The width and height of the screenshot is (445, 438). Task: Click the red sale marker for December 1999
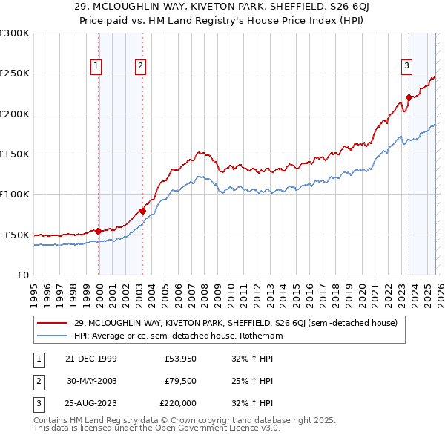click(x=99, y=231)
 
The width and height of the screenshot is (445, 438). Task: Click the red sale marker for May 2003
click(x=142, y=211)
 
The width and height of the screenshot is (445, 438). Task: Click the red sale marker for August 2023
click(x=409, y=97)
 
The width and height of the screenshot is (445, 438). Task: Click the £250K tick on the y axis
click(x=15, y=73)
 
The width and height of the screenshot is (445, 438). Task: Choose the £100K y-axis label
click(x=15, y=194)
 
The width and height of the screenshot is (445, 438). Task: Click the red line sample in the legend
click(x=53, y=323)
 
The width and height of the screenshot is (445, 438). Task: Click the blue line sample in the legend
click(x=53, y=336)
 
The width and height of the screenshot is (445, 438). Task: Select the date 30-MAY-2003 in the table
click(x=91, y=381)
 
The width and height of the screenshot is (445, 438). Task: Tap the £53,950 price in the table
click(x=179, y=359)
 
